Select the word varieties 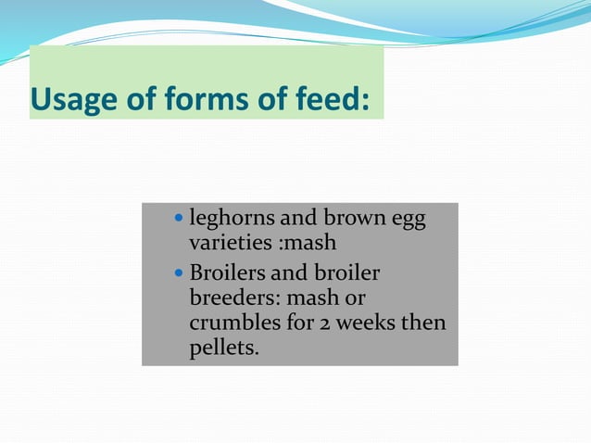tap(226, 244)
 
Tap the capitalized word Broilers tap(227, 273)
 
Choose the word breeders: tap(234, 299)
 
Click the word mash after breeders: tap(310, 299)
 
